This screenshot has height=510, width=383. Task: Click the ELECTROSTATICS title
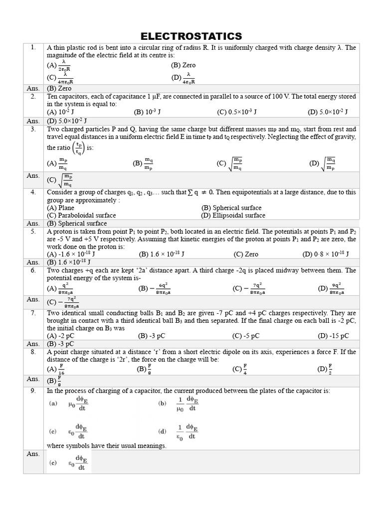(x=191, y=36)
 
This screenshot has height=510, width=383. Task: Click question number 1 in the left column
(x=33, y=48)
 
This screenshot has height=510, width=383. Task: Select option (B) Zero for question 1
(x=183, y=65)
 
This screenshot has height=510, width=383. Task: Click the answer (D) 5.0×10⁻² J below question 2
(x=67, y=121)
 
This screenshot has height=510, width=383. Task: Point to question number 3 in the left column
(x=33, y=129)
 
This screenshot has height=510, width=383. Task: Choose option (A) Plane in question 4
(x=60, y=208)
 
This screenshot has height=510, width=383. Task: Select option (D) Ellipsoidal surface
(x=233, y=216)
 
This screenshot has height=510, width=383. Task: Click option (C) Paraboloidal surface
(x=81, y=216)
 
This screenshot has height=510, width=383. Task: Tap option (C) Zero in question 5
(x=246, y=254)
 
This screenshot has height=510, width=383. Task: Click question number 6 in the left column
(x=33, y=270)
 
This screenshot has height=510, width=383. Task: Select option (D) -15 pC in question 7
(x=333, y=336)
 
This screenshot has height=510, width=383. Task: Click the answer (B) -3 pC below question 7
(x=60, y=344)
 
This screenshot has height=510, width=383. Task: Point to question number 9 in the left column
(x=33, y=391)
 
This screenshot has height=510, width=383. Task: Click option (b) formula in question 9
(x=180, y=404)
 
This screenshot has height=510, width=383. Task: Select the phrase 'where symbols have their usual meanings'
(x=107, y=446)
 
